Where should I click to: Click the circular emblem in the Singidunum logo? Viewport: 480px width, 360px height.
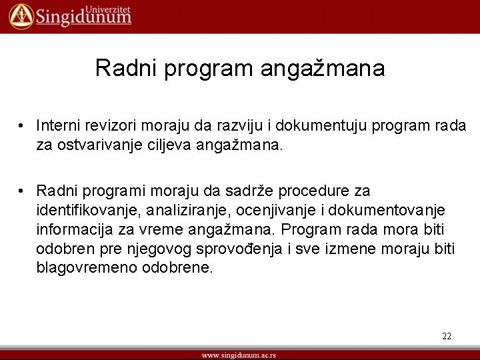pyautogui.click(x=21, y=16)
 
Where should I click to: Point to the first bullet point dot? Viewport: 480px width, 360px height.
pyautogui.click(x=22, y=126)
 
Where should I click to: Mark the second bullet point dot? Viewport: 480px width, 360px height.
pyautogui.click(x=22, y=191)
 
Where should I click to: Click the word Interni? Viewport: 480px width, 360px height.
pyautogui.click(x=58, y=125)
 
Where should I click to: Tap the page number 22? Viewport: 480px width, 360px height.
pyautogui.click(x=446, y=336)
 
